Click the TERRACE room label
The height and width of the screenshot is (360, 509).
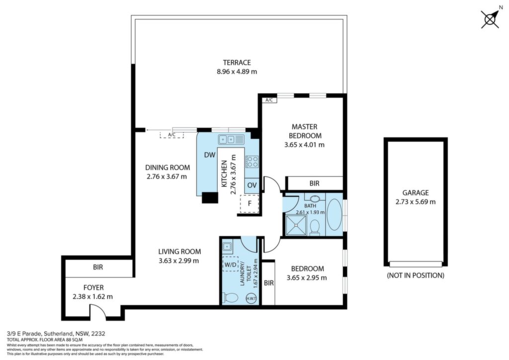point(237,62)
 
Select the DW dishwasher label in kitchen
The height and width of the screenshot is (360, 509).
point(210,155)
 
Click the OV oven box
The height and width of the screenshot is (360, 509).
point(252,185)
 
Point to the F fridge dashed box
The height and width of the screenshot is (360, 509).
point(250,204)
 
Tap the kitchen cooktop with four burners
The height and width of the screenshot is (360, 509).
point(252,161)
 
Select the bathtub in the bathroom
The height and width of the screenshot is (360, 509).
point(334,215)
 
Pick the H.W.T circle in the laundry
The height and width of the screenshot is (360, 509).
point(251,298)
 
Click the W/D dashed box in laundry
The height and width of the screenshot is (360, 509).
point(231,265)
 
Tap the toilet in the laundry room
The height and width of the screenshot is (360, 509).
point(230,297)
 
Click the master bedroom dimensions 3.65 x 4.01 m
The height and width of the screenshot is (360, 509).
point(304,145)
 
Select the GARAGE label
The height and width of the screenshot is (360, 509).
point(416,192)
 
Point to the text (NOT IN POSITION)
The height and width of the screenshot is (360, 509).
point(416,275)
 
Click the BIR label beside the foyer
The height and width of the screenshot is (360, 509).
point(98,267)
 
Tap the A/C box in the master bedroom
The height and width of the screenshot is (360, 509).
point(269,100)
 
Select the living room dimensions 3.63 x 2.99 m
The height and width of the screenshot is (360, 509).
point(179,261)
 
